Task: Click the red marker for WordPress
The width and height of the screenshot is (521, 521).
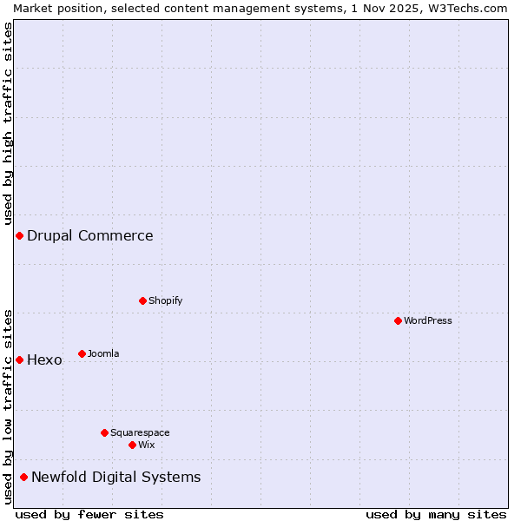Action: pos(398,320)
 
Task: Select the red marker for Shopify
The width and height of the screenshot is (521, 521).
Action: pos(142,300)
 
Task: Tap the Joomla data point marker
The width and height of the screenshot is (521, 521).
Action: pos(82,353)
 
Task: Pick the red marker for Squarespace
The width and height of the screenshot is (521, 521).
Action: pos(104,432)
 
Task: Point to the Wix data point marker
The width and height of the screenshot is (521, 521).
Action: pos(132,445)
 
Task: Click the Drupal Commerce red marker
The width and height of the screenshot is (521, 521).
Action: pos(19,235)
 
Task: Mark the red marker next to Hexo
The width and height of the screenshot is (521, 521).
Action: pos(19,359)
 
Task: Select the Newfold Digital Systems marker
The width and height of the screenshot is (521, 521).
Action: pos(23,477)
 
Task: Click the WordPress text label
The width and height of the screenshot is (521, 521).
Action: pos(428,320)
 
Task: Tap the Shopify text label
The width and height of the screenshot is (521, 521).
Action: pos(166,300)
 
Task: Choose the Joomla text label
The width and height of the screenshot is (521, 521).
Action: pos(103,353)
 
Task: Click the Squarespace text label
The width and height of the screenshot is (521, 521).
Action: pos(140,432)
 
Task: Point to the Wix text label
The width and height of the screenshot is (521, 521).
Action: pos(146,445)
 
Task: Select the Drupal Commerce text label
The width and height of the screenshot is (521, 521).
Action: pos(90,235)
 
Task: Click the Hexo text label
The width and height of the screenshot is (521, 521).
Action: pos(45,359)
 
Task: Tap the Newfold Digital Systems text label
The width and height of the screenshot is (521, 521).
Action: pos(116,477)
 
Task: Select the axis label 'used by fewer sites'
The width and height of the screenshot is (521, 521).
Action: pos(89,514)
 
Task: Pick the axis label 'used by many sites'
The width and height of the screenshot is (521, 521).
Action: pos(436,514)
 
